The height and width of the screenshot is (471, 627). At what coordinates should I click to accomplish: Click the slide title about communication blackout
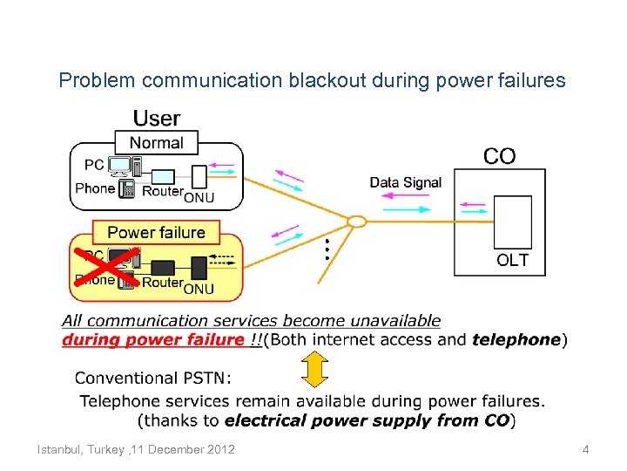pos(312,81)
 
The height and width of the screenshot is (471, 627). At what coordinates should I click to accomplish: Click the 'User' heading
pos(157,118)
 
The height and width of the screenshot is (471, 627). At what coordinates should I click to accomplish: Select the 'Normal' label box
pos(157,142)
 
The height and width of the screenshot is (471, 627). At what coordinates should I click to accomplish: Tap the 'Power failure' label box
pos(157,232)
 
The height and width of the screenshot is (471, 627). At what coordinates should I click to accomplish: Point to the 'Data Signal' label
pos(406,182)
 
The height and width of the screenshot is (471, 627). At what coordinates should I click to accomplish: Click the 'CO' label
pos(499,156)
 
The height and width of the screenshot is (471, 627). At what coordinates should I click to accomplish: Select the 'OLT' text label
pos(512,260)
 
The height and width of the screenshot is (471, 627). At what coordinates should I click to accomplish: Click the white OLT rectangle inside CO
pos(512,222)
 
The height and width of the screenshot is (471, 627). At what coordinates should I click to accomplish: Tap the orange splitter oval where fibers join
pos(357,222)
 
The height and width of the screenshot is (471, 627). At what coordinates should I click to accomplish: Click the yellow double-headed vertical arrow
pos(315,369)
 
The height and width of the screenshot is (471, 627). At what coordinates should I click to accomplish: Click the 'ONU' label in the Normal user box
pos(199,198)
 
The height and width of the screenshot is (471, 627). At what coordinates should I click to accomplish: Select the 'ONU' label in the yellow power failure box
pos(199,288)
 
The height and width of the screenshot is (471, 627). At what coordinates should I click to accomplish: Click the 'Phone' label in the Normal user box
pos(95,188)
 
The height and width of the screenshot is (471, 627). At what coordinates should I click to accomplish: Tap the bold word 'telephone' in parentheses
pos(516,340)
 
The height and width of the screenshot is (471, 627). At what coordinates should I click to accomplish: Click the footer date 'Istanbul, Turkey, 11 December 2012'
pos(136,449)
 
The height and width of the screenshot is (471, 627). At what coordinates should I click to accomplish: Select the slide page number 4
pos(586,449)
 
